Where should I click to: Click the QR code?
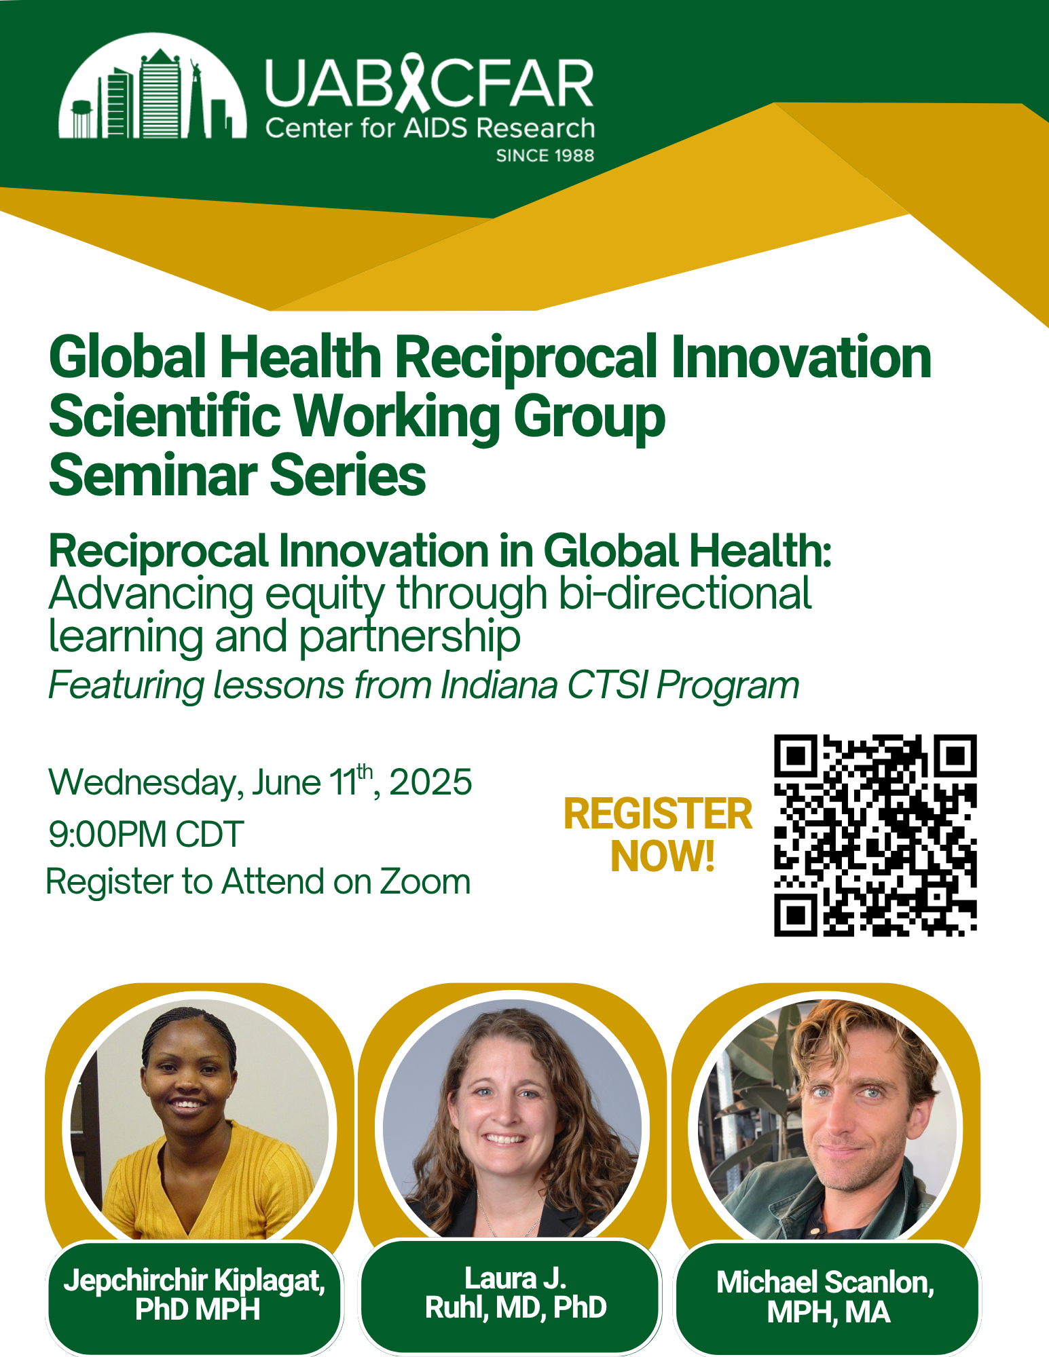875,835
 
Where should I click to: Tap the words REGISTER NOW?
659,835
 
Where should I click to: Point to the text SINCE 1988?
545,155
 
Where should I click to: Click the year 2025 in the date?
430,782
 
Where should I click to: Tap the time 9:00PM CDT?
146,834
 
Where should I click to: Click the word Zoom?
424,882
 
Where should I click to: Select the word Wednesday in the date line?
142,782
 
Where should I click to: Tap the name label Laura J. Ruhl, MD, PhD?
515,1293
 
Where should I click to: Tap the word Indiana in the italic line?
499,685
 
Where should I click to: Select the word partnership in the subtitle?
409,636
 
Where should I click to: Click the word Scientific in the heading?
164,417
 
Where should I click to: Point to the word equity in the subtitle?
325,594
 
